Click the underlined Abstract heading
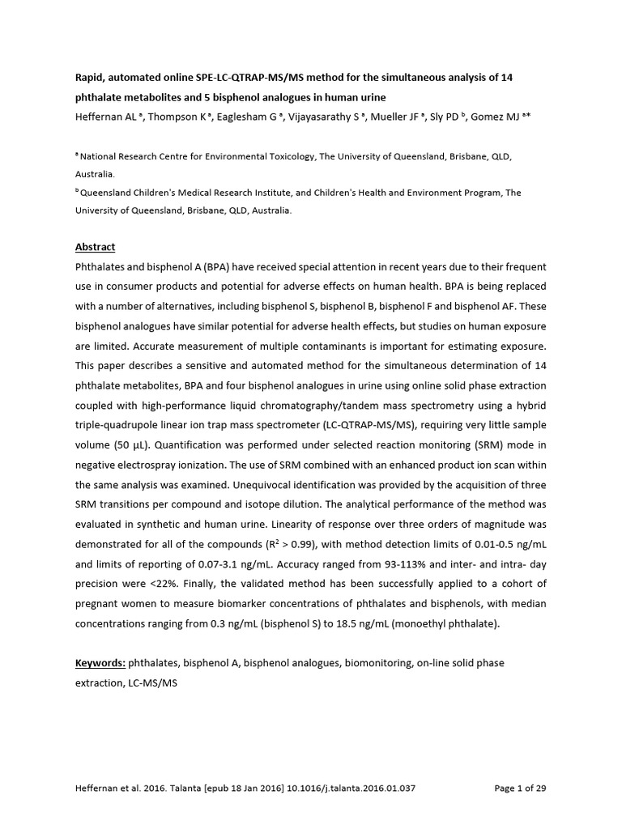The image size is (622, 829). [x=96, y=247]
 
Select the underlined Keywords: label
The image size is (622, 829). [x=100, y=663]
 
